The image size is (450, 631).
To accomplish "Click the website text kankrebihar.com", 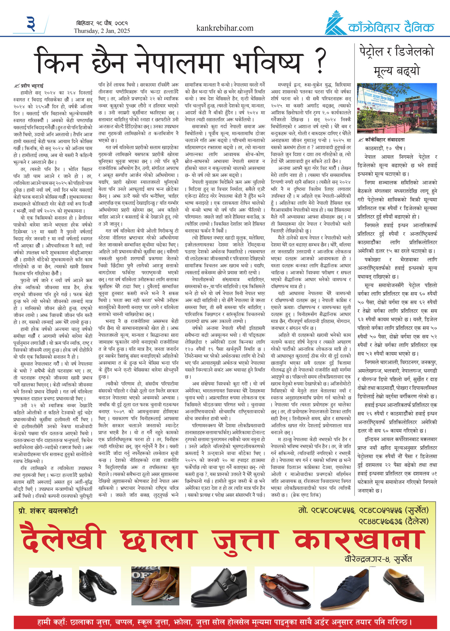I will click(x=225, y=28).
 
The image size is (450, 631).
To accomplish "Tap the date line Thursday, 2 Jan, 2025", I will click(x=102, y=31).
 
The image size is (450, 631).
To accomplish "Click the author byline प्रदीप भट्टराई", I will click(x=30, y=86).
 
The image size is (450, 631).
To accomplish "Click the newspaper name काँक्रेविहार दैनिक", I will click(x=391, y=28).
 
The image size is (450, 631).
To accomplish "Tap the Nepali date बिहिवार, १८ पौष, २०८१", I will click(x=102, y=23).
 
